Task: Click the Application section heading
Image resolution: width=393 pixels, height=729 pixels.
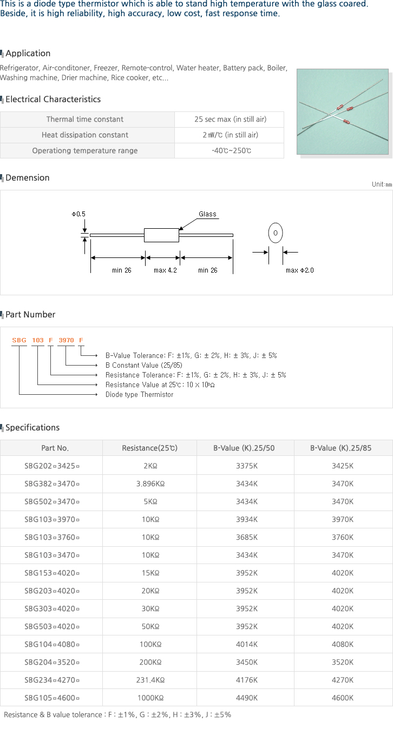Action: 28,54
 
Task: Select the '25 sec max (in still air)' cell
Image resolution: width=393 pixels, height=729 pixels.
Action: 231,120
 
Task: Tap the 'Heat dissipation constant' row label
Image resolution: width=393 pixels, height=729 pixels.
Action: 85,135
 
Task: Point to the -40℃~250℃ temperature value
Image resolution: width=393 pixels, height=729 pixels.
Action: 231,151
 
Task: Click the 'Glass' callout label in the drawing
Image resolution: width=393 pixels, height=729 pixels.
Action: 207,214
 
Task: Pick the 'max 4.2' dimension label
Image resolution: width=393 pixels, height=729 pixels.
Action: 165,270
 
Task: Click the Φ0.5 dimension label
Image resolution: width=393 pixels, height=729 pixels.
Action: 78,214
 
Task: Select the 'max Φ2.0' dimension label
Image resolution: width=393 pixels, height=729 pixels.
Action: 300,270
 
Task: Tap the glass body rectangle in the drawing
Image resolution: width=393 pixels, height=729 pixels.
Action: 162,235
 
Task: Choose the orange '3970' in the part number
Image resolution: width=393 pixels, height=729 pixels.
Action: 66,340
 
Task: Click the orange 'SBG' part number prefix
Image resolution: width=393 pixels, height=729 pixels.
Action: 19,340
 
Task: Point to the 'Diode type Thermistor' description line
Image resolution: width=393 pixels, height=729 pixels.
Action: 140,395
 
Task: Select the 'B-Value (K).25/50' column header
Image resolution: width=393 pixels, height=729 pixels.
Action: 244,448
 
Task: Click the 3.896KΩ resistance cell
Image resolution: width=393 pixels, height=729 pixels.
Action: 150,484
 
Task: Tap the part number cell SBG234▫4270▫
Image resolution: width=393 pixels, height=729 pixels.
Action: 52,680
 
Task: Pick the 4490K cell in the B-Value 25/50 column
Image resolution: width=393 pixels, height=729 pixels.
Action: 247,698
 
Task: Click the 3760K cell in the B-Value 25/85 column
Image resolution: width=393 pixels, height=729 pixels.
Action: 343,538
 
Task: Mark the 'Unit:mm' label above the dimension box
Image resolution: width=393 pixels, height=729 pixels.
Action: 382,184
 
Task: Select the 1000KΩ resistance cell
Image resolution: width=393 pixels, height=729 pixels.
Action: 150,698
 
